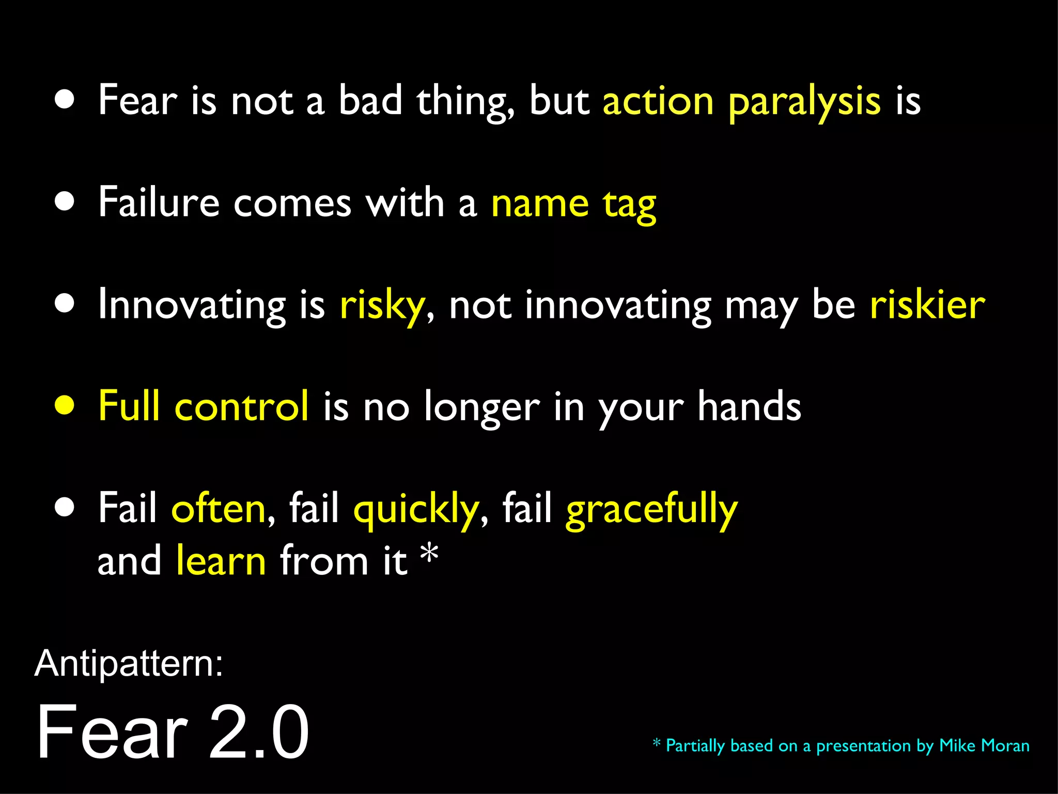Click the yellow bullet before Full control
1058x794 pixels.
click(65, 406)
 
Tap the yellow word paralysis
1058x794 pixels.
click(804, 101)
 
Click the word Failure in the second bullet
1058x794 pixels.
click(159, 202)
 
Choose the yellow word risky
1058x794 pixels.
click(382, 306)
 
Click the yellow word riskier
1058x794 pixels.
click(927, 304)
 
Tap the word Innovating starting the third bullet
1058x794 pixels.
click(192, 306)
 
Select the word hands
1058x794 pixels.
click(749, 406)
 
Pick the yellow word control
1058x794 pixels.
click(242, 406)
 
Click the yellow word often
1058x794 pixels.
click(218, 508)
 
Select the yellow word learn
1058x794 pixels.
click(221, 560)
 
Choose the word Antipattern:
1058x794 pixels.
click(129, 663)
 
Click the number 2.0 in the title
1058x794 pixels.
click(258, 731)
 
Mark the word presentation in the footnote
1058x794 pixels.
click(863, 746)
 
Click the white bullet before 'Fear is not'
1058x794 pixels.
click(65, 100)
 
